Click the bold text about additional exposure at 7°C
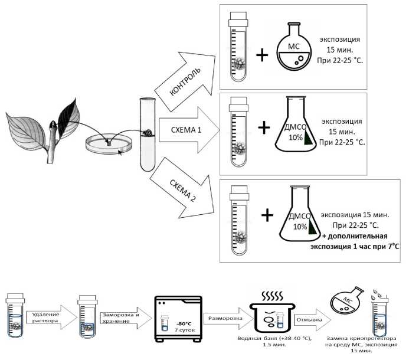tap(354, 242)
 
